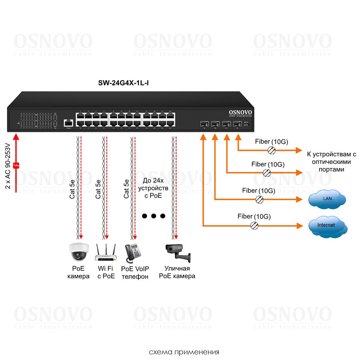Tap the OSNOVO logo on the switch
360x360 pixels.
(240, 113)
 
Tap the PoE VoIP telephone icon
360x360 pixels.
(133, 252)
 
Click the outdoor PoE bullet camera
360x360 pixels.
(178, 251)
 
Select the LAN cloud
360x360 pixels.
(327, 198)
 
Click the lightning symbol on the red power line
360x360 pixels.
(16, 165)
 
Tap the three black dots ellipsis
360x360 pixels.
(153, 216)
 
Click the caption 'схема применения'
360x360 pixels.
(184, 352)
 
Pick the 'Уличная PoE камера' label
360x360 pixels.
(177, 272)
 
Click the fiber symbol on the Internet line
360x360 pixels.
(254, 226)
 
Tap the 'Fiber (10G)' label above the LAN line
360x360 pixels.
(258, 191)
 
